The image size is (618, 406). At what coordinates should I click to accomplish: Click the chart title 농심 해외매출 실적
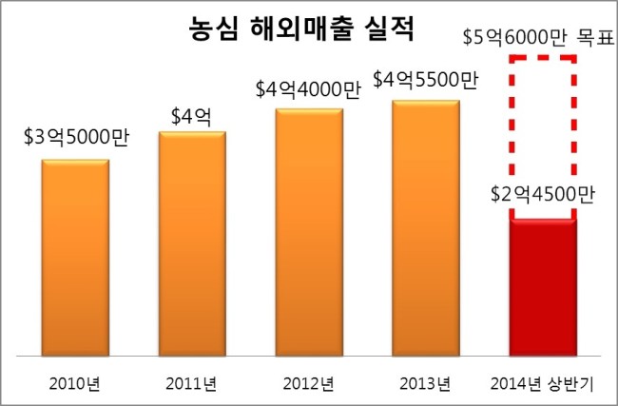301,29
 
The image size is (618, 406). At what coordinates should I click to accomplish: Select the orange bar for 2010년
75,258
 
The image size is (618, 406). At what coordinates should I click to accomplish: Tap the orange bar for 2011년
192,244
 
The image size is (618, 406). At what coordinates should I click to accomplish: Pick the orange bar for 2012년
309,233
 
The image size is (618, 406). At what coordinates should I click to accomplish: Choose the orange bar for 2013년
426,228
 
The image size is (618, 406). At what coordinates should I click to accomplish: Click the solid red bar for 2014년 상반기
543,287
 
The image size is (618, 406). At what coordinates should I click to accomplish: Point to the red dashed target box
512,118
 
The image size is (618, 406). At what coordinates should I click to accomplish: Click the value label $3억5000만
76,138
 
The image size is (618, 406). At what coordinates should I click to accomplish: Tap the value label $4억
191,116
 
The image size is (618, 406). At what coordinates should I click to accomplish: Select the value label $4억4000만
308,89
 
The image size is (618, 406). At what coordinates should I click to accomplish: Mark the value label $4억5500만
426,80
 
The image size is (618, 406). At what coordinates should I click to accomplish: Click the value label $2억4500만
542,194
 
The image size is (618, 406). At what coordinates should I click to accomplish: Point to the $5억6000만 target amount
514,38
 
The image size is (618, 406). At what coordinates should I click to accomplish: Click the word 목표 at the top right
595,38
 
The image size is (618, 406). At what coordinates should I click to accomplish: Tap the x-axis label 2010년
74,383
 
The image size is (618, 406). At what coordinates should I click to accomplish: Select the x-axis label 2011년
191,383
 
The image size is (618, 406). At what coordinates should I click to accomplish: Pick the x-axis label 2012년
308,383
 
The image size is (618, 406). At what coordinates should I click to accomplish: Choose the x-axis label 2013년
425,383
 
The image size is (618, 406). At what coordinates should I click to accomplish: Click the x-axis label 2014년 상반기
542,383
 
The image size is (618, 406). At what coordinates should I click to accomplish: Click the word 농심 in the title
213,29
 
